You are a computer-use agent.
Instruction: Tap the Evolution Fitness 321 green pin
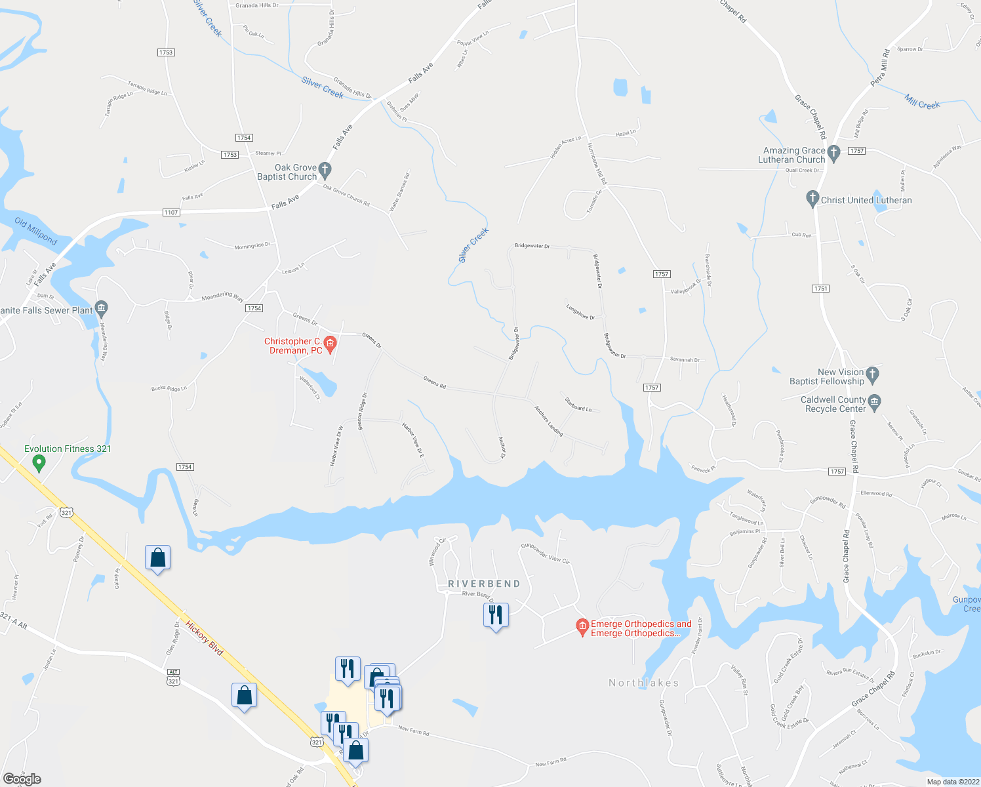[39, 464]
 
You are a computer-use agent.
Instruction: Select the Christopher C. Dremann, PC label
[293, 346]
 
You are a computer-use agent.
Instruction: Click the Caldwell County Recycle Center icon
[874, 401]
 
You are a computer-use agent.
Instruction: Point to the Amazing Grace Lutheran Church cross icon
[833, 153]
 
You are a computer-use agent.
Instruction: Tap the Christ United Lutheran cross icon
[812, 198]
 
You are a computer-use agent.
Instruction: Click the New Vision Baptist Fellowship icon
[872, 374]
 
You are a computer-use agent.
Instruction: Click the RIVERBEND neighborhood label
[484, 584]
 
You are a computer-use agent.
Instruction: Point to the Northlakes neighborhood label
[643, 683]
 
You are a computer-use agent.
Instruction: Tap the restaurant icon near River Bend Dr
[496, 615]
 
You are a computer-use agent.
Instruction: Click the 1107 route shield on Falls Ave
[171, 212]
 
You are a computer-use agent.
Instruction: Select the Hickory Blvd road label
[205, 637]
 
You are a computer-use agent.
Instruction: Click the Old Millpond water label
[35, 232]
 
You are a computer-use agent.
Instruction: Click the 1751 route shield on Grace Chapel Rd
[820, 289]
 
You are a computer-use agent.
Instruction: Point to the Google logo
[22, 778]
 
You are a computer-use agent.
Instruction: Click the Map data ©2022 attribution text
[953, 782]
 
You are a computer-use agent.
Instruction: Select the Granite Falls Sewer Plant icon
[101, 307]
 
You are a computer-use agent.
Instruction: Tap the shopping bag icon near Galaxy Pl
[158, 558]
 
